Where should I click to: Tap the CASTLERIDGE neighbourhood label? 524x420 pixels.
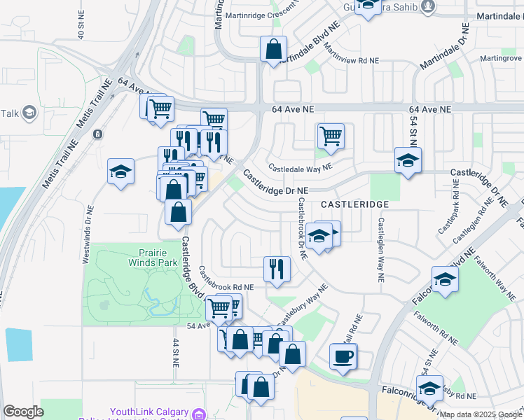pos(354,203)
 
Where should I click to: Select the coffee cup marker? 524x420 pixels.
pos(343,356)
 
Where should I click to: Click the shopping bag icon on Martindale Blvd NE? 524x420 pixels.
pos(273,49)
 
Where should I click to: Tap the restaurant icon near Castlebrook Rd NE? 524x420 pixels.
pos(277,269)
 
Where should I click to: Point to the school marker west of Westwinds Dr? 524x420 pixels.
pos(120,171)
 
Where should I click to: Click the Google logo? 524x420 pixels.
pos(23,412)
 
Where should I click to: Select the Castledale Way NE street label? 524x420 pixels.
pos(301,167)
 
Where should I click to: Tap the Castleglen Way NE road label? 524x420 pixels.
pos(381,250)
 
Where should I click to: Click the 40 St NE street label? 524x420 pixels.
pos(81,24)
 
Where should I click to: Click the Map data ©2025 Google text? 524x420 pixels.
pos(481,414)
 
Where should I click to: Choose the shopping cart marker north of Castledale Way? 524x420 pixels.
pos(331,135)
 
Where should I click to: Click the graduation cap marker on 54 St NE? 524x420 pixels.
pos(408,160)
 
